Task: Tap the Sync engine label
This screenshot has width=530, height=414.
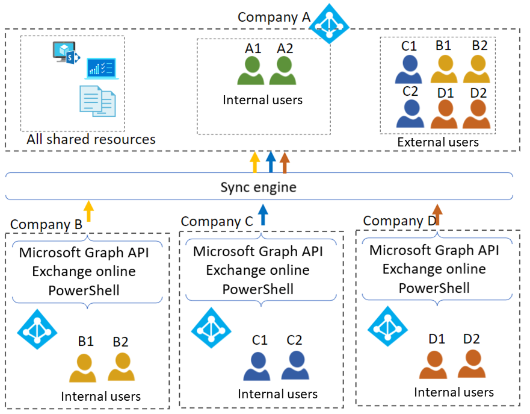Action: (x=258, y=187)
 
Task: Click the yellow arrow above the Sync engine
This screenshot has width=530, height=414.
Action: (x=254, y=163)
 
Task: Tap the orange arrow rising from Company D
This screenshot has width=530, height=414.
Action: (x=437, y=215)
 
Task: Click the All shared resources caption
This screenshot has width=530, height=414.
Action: (x=91, y=140)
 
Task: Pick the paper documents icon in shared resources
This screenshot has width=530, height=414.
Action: (x=97, y=100)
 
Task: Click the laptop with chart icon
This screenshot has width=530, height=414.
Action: (x=102, y=69)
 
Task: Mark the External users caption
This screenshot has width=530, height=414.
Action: (x=438, y=142)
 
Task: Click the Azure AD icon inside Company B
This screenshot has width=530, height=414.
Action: (x=37, y=329)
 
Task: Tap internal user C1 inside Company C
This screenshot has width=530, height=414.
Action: (x=257, y=365)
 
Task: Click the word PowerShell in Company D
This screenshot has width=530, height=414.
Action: (x=434, y=287)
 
